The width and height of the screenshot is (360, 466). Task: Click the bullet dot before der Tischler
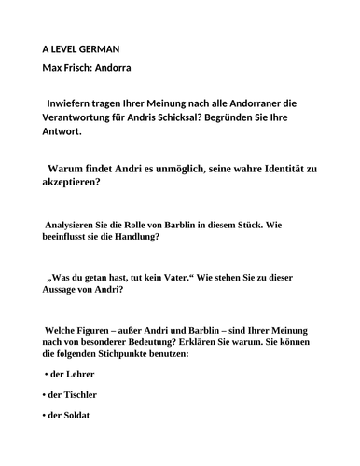(46, 395)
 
